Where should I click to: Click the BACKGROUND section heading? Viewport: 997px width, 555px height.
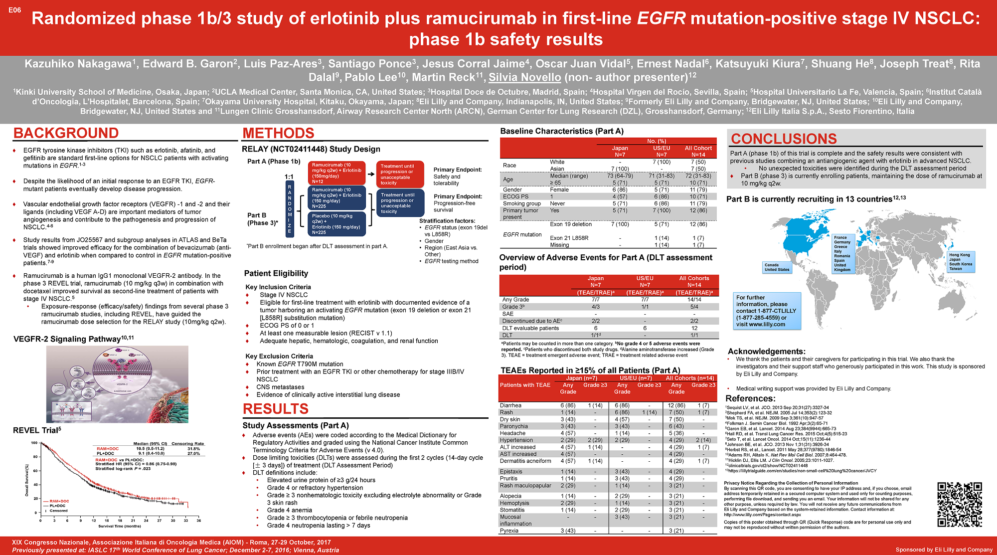point(66,133)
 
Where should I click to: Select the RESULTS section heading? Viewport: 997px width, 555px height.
point(275,409)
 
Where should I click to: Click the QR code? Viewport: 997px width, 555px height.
point(960,504)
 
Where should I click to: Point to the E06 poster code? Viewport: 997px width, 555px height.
point(15,10)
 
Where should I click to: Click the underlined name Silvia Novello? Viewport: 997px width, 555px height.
point(524,77)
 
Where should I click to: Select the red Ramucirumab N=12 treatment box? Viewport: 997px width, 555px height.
point(337,173)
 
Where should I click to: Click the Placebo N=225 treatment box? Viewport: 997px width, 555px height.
point(337,224)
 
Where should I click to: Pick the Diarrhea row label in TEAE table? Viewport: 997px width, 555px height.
point(510,405)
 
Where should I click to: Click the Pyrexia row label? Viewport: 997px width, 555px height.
point(509,531)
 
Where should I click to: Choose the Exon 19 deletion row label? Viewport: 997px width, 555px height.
point(571,224)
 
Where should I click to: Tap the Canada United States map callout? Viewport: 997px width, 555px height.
point(777,267)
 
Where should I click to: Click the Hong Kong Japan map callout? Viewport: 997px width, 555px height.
point(961,262)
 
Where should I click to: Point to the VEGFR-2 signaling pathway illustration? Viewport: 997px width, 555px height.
point(117,384)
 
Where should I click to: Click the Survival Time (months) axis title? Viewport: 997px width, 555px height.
point(120,526)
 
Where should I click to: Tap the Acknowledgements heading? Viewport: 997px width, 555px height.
point(766,352)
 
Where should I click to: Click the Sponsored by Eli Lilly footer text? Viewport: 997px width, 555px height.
point(944,550)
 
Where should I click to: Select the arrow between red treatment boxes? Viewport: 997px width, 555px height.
point(371,174)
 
